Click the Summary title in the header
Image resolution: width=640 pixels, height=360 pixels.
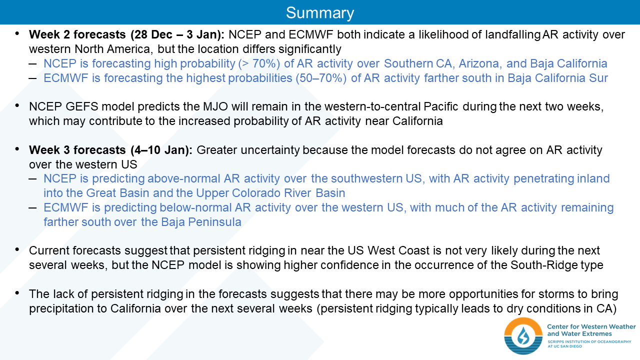(320, 13)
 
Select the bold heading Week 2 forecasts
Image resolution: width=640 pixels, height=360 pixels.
(77, 34)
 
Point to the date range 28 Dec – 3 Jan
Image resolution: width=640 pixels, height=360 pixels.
(175, 34)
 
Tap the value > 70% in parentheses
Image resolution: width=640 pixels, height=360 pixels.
(259, 63)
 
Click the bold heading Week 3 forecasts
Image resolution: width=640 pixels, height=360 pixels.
(77, 150)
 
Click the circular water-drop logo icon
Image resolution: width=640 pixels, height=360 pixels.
(523, 335)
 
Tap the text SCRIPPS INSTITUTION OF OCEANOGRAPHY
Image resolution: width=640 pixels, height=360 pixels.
(589, 341)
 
